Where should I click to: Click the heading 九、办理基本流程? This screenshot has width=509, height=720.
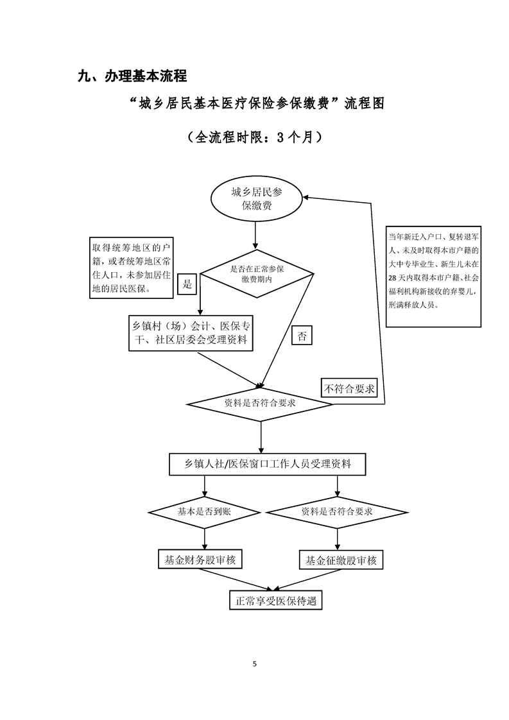click(x=132, y=76)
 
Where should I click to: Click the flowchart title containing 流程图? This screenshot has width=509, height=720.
click(x=256, y=104)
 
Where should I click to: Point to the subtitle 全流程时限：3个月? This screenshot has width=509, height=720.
click(x=255, y=137)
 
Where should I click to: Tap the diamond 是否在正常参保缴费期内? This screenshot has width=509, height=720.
click(x=257, y=275)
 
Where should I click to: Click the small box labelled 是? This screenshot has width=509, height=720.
click(x=187, y=284)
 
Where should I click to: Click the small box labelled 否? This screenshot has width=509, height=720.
click(x=302, y=336)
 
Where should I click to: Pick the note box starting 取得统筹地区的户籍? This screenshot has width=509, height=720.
click(x=132, y=268)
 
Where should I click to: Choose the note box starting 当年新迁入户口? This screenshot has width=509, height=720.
click(x=433, y=276)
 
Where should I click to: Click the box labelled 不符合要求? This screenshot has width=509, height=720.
click(x=349, y=388)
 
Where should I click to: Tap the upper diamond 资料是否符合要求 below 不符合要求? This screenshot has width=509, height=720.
click(x=260, y=404)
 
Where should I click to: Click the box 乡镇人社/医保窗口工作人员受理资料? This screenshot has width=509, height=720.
click(x=268, y=465)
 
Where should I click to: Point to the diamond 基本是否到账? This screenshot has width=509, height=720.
click(x=203, y=511)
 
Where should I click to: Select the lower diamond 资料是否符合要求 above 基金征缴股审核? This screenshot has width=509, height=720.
click(x=337, y=511)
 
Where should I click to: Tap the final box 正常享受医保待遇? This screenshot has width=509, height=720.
click(x=275, y=601)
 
